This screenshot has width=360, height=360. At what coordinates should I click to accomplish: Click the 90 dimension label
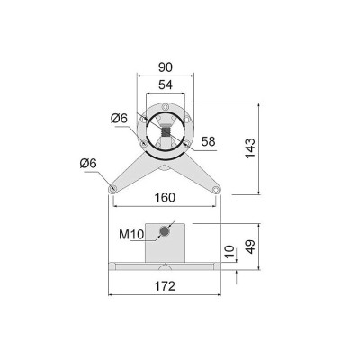pos(166,67)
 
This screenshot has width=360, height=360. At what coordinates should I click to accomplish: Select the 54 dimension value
pos(166,85)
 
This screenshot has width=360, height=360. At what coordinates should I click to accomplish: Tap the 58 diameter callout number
pos(208,141)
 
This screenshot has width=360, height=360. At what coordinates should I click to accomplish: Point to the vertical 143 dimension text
pos(250,148)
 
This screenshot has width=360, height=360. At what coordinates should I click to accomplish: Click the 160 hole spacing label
pos(165,198)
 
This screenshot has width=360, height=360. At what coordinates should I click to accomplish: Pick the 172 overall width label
pos(165,286)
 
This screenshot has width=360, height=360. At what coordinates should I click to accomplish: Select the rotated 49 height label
pos(250,247)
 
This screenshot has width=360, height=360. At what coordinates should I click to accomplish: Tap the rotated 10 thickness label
pos(229,252)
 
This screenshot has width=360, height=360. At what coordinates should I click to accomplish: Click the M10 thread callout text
pos(131,235)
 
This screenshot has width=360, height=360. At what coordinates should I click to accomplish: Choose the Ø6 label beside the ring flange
pos(119,119)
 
